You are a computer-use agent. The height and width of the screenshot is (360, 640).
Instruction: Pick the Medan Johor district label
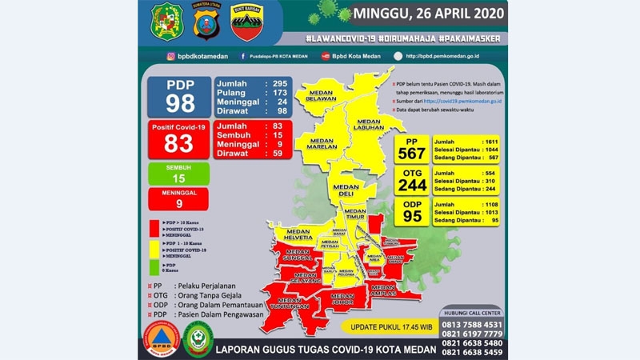click(346, 298)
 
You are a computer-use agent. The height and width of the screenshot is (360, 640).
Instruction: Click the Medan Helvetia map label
click(293, 237)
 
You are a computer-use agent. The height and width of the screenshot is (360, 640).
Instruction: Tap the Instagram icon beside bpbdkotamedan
click(171, 56)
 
